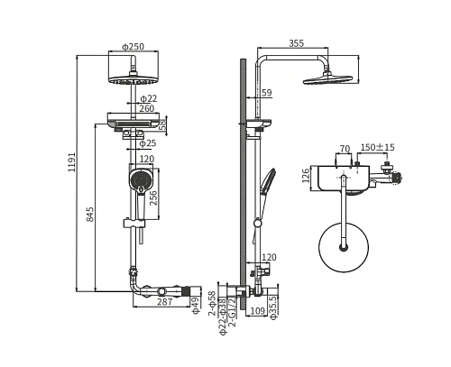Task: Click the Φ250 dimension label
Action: click(x=133, y=47)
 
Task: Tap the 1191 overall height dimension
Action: click(x=72, y=162)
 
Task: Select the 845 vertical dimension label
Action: click(x=90, y=215)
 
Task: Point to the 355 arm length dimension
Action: click(x=297, y=43)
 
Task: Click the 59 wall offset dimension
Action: click(x=266, y=93)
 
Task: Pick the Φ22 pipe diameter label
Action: click(x=149, y=98)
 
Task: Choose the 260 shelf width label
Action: click(x=147, y=108)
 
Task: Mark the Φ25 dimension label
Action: click(x=148, y=143)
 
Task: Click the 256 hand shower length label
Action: click(x=153, y=197)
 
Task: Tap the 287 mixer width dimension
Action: click(x=165, y=302)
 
